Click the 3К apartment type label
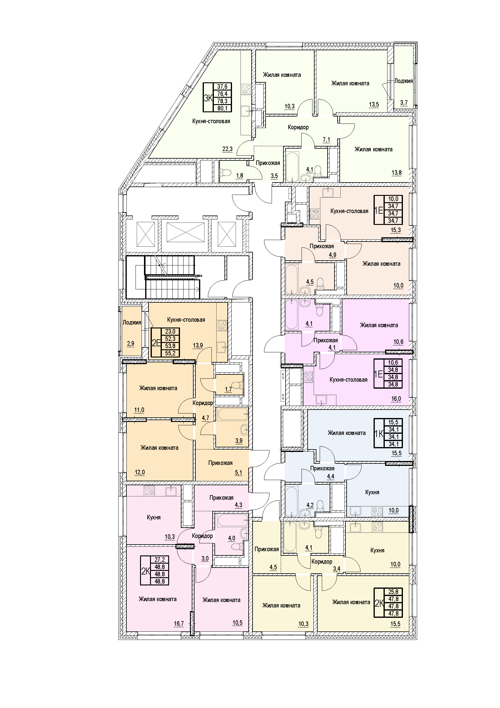coord(208,98)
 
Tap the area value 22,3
coord(227,149)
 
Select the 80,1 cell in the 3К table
coord(222,108)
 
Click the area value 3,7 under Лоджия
coord(404,103)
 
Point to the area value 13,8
coord(397,172)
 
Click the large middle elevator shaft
coord(185,232)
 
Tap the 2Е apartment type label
coord(156,343)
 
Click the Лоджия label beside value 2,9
coord(132,323)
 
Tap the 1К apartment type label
coord(379,433)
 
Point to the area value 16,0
coord(396,399)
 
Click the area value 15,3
coord(396,230)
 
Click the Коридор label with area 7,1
coord(298,127)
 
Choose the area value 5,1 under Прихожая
coord(238,473)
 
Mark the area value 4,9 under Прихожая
coord(332,255)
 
